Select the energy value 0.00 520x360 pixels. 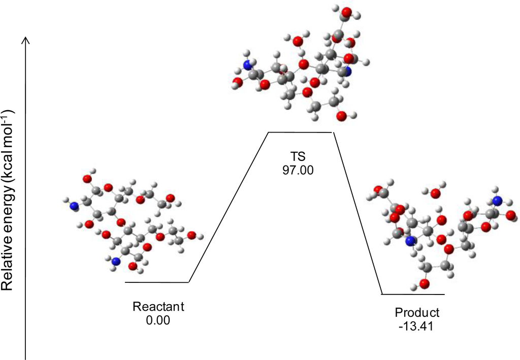158,320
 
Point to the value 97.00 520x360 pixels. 298,170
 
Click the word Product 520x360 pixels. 417,312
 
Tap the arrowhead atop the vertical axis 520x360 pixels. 26,40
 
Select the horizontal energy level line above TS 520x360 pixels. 300,132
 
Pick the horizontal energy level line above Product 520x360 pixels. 413,294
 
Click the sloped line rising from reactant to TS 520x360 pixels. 229,207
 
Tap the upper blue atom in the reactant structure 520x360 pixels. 74,206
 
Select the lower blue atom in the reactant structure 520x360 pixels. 116,262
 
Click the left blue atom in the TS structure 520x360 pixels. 248,66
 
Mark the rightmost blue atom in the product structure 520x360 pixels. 498,200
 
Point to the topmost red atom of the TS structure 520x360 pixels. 346,11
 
